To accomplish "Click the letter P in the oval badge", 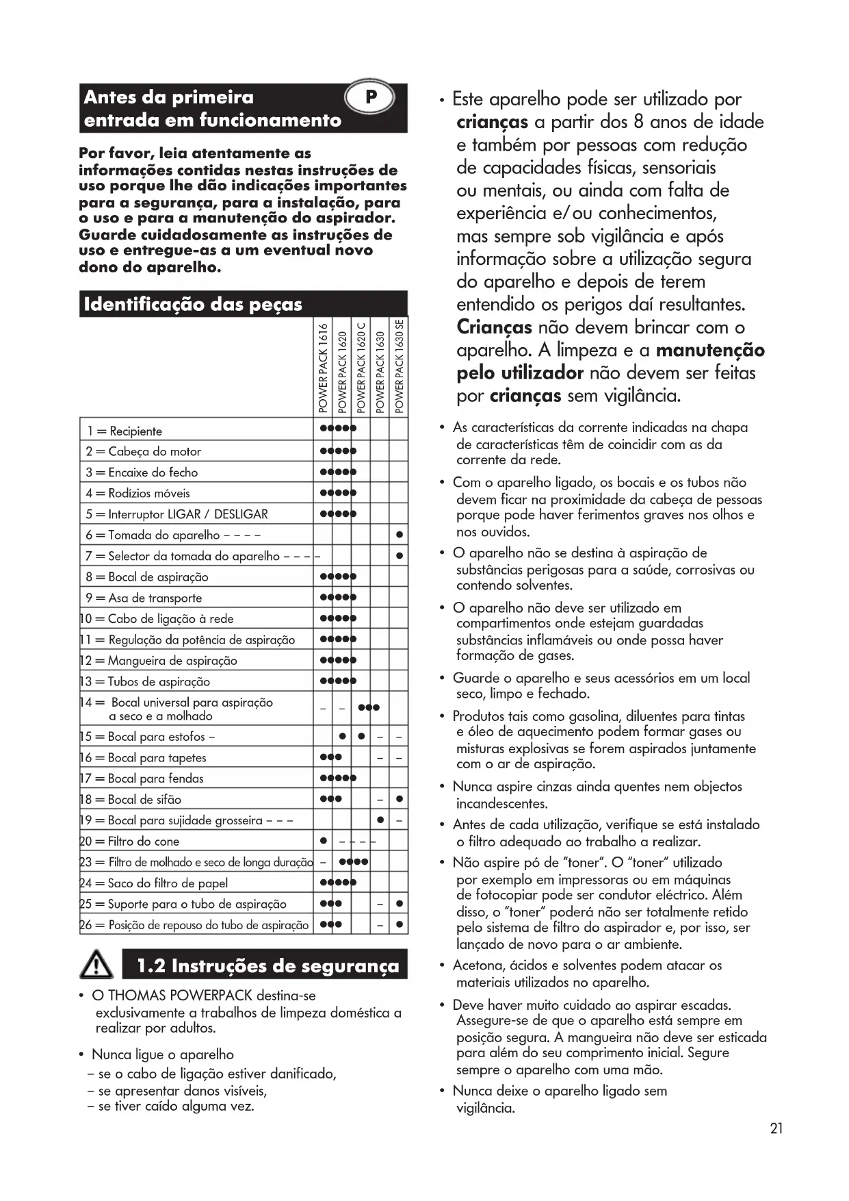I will [371, 97].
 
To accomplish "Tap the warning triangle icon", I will [97, 966].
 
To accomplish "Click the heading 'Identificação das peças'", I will [193, 304].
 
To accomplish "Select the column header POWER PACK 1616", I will [323, 368].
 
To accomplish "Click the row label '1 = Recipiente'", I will [125, 431].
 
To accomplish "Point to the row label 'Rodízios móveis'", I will [149, 493].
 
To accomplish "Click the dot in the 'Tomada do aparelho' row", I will [400, 535].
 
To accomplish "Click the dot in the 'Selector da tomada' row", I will [400, 556].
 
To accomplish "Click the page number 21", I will [776, 1129].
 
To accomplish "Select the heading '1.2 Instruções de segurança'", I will [267, 966].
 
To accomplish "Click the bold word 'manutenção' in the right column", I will [710, 351].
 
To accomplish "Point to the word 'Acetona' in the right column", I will [478, 965].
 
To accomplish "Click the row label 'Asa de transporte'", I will [155, 598].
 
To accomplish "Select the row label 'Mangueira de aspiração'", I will [172, 661].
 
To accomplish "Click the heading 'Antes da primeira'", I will [168, 97].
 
